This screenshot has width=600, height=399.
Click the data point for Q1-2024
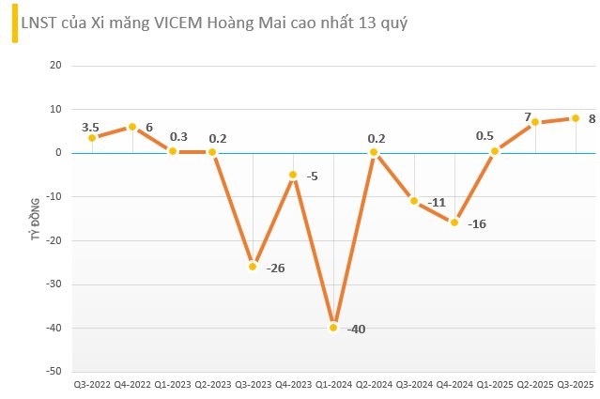point(333,328)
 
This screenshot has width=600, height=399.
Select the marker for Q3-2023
point(253,267)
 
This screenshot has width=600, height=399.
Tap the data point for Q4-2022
point(132,127)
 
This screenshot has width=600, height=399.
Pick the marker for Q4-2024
point(454,223)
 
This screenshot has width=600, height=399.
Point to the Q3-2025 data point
point(575,118)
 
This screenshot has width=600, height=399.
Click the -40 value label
point(356,330)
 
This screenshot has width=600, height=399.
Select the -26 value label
point(275,269)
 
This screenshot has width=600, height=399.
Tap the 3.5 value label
point(91,126)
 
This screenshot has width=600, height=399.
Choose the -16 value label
point(477,224)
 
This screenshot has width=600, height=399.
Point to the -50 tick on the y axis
point(54,372)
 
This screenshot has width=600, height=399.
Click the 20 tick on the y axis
point(55,66)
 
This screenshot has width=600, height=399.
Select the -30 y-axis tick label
point(54,284)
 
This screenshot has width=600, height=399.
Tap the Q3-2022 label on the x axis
point(92,384)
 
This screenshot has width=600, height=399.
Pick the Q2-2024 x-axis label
point(374,384)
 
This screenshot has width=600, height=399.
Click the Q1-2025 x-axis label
point(495,384)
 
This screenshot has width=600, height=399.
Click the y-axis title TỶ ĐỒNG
point(35,219)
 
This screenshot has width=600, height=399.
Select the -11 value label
point(437,202)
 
